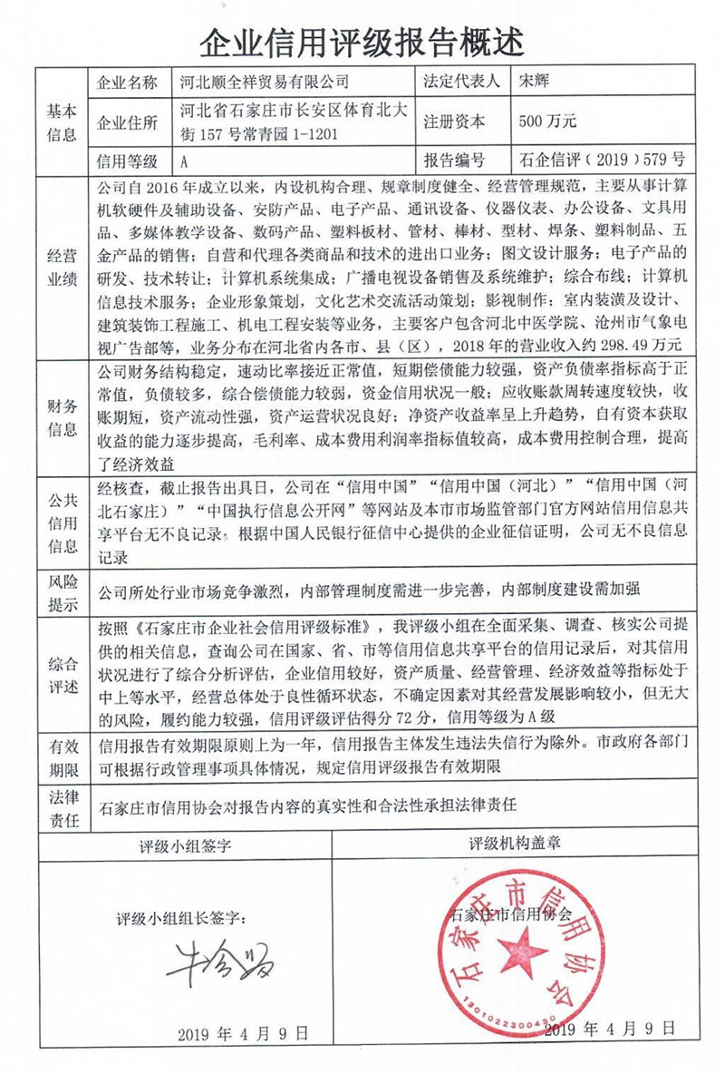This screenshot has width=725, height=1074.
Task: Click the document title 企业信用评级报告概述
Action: point(362,37)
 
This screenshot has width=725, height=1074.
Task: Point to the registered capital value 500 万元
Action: point(547,122)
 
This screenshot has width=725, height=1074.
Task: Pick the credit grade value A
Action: point(185,161)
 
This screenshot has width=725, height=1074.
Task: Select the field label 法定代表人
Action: point(461,82)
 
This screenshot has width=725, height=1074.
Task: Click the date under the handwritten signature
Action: point(242,1033)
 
